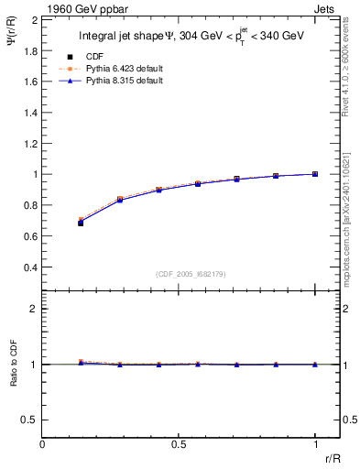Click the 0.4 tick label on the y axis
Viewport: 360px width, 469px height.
(29, 267)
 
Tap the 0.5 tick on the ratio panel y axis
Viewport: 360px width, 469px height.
(29, 420)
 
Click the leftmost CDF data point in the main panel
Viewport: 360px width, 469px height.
(81, 223)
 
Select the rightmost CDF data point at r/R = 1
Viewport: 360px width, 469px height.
(315, 174)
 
